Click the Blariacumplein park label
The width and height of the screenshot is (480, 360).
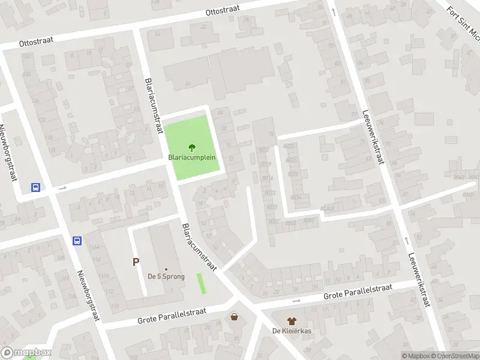tap(192, 158)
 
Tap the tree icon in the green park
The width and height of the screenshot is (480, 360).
tap(192, 147)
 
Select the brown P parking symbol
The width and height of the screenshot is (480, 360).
tap(136, 262)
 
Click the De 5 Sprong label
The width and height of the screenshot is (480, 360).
tap(166, 277)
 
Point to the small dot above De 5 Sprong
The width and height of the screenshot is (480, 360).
tap(166, 269)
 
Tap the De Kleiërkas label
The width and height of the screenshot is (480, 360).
tap(291, 331)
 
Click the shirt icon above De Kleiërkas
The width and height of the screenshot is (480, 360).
tap(292, 322)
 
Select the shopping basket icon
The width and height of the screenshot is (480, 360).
tap(234, 316)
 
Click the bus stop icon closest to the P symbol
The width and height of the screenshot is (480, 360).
tap(77, 241)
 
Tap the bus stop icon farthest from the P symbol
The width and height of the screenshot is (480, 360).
tap(35, 187)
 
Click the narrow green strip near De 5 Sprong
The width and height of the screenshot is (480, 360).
tap(201, 283)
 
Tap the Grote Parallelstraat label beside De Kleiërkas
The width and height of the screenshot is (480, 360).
tap(358, 292)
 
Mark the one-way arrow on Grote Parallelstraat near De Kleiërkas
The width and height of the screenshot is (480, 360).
tap(295, 301)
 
